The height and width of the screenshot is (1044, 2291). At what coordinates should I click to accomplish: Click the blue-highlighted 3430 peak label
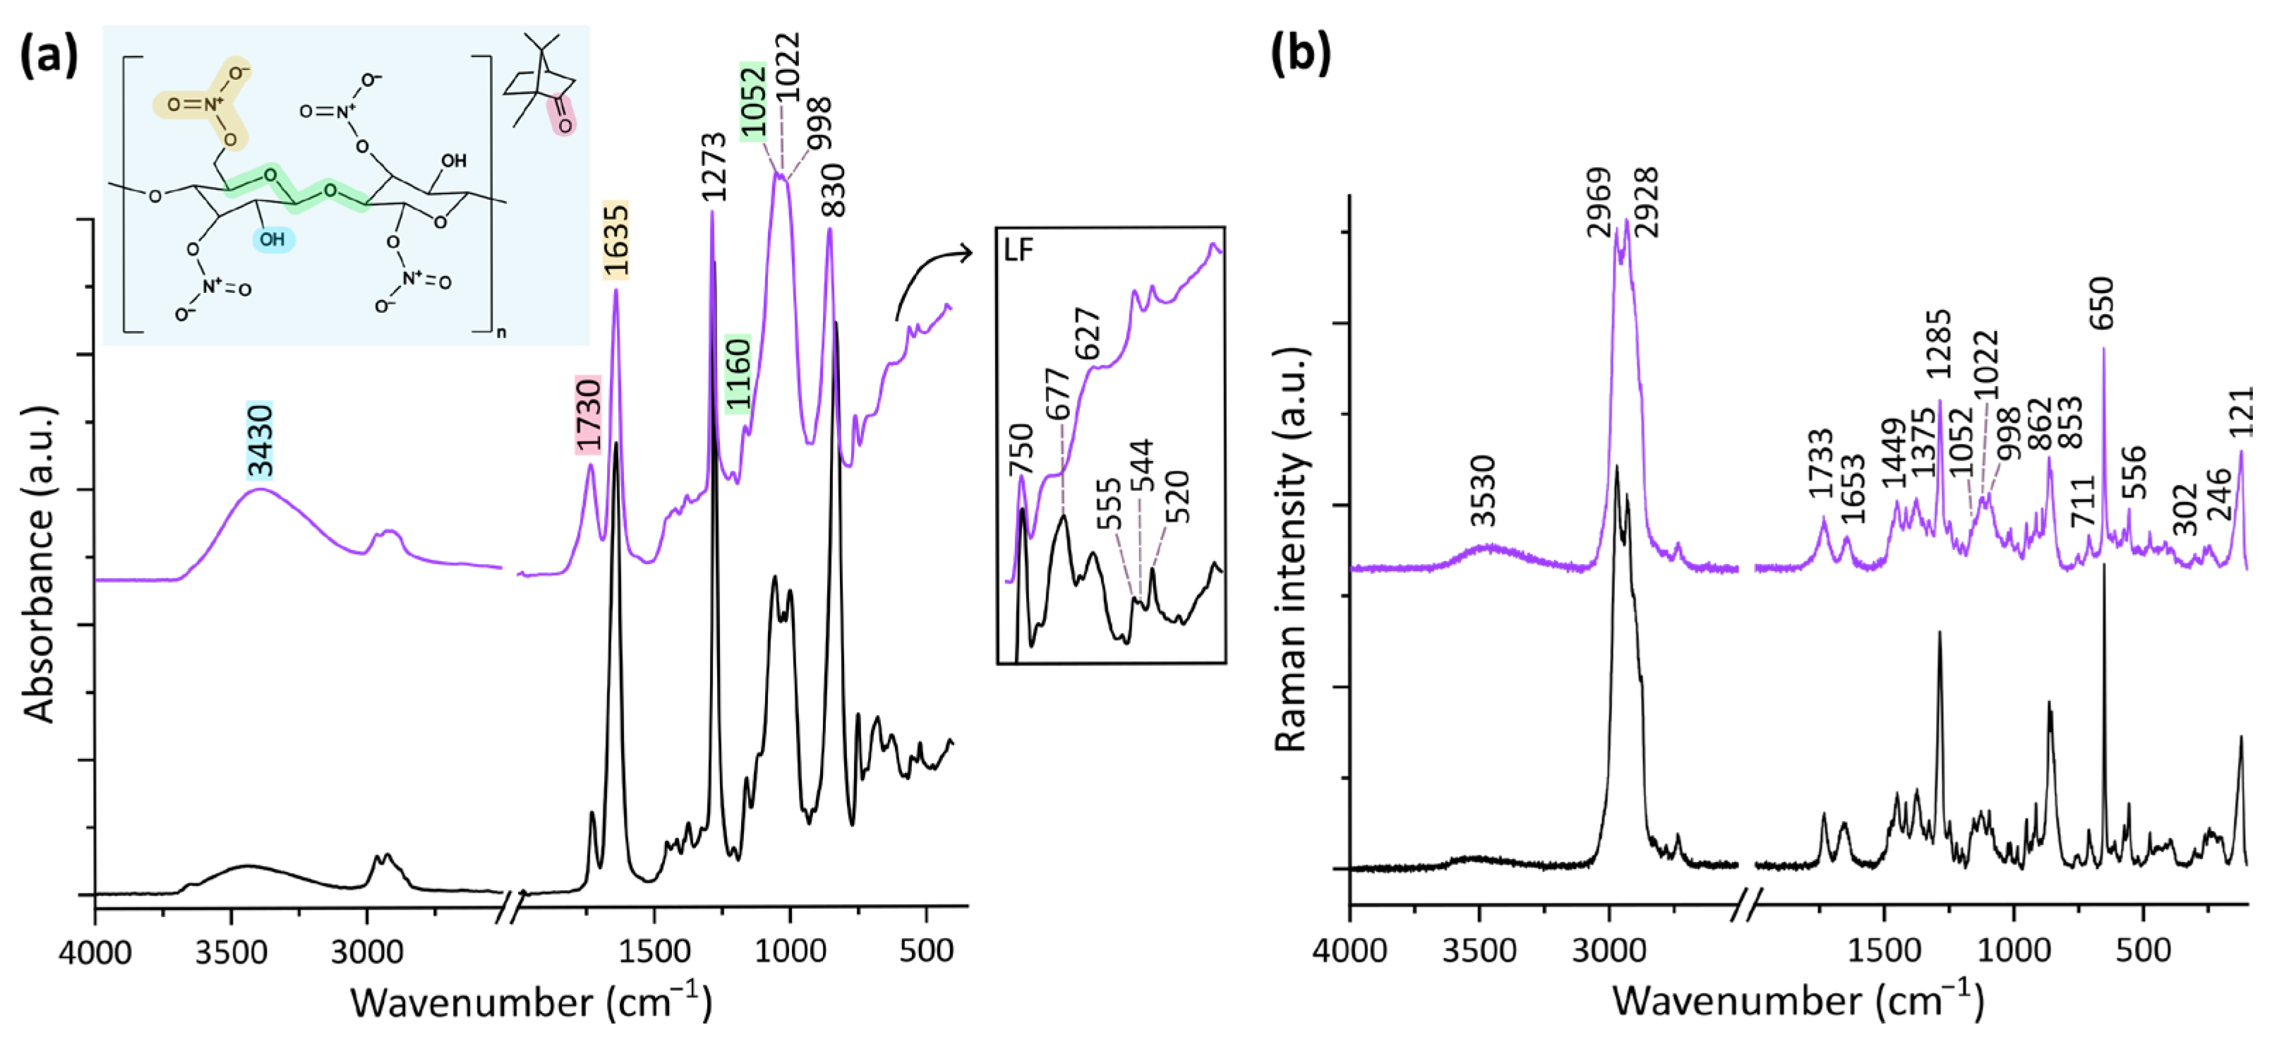tap(260, 441)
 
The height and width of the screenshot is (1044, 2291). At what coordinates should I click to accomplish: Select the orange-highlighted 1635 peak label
tap(615, 241)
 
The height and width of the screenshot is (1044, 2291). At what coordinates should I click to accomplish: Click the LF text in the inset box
tap(1018, 251)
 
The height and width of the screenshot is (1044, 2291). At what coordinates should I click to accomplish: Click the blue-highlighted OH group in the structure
tap(272, 239)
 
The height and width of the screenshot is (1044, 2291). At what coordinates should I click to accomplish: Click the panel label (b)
tap(1299, 55)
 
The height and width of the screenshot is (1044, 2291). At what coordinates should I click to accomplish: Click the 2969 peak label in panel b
tap(1598, 202)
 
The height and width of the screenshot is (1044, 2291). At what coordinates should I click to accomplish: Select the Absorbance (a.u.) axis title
tap(39, 565)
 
